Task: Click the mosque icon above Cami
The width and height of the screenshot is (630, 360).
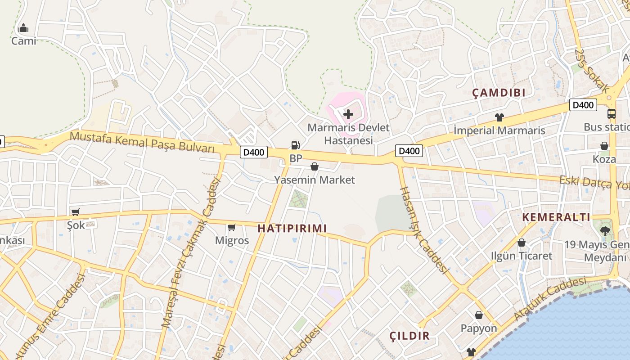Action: point(23,28)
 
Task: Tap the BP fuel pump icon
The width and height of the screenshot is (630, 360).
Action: point(295,145)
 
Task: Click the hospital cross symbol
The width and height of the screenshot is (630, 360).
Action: point(348,114)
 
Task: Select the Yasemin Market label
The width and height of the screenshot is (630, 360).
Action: point(315,180)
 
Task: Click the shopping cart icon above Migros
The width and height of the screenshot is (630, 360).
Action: point(232,227)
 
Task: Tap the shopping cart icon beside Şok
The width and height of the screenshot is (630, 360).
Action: point(75,211)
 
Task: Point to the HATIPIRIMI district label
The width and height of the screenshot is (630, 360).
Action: point(292,229)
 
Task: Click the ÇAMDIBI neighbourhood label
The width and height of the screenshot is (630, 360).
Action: point(499,93)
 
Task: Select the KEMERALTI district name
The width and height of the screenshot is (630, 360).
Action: point(556,217)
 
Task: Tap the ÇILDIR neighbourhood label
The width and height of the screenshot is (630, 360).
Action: point(409,336)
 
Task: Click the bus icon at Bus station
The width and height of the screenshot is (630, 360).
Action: point(611,114)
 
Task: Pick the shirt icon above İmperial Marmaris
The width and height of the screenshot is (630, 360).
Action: point(499,117)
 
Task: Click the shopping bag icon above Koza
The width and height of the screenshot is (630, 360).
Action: point(604,146)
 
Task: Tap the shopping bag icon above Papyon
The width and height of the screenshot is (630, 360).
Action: point(479,315)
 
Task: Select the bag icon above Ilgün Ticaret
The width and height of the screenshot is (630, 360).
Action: point(521,243)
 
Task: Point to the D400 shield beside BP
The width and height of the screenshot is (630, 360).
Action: point(253,153)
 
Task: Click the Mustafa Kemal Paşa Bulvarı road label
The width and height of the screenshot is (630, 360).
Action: point(142,142)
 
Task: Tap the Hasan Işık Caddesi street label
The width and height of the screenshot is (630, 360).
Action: point(423,230)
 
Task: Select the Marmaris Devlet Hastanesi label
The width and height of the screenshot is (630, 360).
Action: point(348,134)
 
